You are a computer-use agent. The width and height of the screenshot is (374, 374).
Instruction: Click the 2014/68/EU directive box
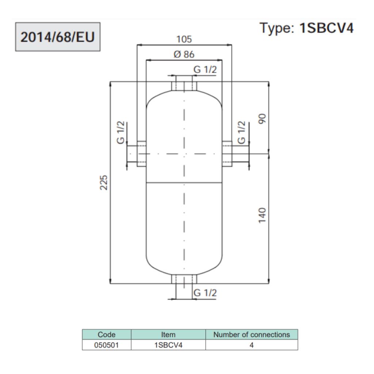click(x=57, y=37)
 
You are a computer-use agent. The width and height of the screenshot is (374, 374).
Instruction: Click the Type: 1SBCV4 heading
click(x=306, y=28)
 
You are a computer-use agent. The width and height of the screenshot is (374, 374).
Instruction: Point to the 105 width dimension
click(x=184, y=39)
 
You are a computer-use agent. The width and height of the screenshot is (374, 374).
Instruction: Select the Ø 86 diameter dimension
click(x=184, y=55)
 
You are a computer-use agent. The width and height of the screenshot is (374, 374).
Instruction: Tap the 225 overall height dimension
click(x=104, y=182)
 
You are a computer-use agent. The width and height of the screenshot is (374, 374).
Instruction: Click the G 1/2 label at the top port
click(x=205, y=69)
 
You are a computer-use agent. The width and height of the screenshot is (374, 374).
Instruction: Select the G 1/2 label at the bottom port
click(x=205, y=293)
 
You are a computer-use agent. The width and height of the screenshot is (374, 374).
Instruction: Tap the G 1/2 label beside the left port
click(x=122, y=132)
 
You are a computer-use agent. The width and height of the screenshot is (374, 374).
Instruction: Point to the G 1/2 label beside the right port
click(x=241, y=132)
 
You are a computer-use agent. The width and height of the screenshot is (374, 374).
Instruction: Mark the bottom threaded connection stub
click(x=184, y=279)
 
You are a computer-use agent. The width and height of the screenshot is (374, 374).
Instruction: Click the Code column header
click(x=107, y=335)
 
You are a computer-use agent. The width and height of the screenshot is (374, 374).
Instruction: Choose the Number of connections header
click(x=251, y=335)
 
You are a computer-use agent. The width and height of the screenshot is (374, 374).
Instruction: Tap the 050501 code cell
click(x=107, y=345)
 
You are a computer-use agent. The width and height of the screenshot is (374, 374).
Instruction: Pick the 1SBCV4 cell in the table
click(x=168, y=345)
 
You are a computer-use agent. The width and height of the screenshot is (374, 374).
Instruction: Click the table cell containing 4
click(x=251, y=345)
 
